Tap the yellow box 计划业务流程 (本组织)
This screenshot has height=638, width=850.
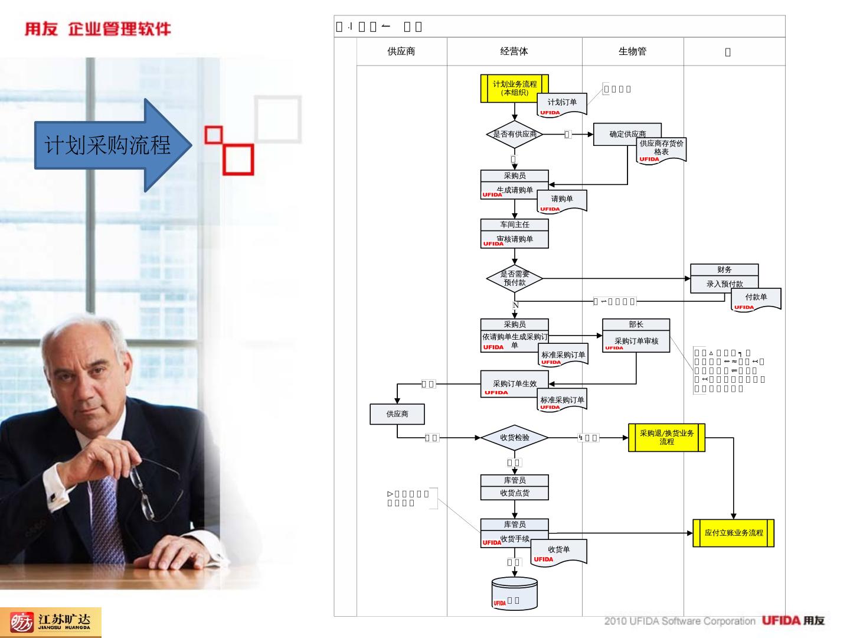coord(515,88)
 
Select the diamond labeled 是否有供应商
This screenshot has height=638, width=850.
coord(515,134)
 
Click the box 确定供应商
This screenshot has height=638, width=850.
coord(627,134)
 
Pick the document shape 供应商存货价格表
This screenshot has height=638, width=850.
coord(662,151)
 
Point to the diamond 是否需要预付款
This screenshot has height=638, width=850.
coord(515,278)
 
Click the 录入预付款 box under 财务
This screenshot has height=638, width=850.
coord(724,284)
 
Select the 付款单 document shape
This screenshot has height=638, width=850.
coord(756,299)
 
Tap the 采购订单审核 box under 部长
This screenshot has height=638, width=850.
coord(636,341)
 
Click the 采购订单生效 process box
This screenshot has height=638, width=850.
coord(514,384)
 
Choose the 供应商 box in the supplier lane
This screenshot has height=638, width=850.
coord(397,414)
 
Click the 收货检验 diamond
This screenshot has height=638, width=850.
coord(515,438)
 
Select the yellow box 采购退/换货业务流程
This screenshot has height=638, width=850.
coord(666,438)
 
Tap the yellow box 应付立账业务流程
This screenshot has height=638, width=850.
coord(733,533)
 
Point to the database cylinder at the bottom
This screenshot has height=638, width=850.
coord(515,594)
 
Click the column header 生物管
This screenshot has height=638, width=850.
coord(632,51)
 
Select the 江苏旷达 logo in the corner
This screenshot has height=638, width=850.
coord(51,622)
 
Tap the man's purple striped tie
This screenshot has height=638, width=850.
coord(105,514)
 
